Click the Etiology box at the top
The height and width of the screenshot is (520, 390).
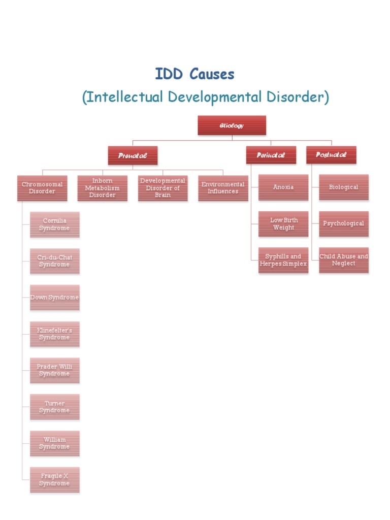click(232, 125)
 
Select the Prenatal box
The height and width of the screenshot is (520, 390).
click(133, 155)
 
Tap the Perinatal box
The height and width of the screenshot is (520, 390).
click(271, 155)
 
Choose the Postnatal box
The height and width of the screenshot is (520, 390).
click(331, 155)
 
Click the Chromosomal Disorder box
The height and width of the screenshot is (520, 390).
click(42, 188)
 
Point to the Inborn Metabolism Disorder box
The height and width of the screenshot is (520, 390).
click(102, 188)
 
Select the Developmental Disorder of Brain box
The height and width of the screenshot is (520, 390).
click(162, 188)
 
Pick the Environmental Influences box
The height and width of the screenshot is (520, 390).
click(223, 188)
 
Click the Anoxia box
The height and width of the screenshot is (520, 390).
click(283, 187)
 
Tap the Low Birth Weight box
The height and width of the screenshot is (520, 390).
click(283, 224)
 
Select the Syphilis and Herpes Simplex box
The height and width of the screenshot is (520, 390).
click(283, 260)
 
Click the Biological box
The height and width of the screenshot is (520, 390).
click(343, 187)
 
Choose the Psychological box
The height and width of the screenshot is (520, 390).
click(343, 224)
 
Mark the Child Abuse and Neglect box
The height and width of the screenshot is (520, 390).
click(343, 260)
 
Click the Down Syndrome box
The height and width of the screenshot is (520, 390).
click(54, 298)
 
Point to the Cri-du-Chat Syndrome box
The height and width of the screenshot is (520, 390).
click(54, 261)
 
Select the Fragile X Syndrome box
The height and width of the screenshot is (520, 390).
click(54, 480)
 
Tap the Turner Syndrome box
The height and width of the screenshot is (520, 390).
click(54, 407)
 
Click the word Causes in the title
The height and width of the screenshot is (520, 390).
click(212, 75)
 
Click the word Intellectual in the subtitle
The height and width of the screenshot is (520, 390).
click(121, 96)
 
